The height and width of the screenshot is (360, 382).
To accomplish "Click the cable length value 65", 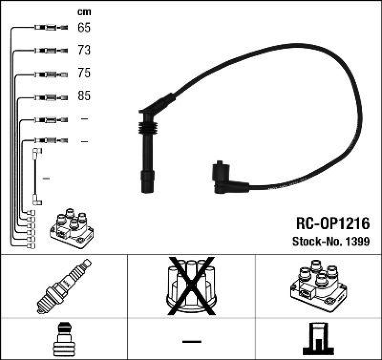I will pos(84,28).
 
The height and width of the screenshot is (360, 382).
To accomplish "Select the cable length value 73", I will pos(84,51).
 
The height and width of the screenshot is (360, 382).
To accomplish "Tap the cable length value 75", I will pos(84,74).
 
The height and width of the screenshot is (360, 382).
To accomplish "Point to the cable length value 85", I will pos(84,96).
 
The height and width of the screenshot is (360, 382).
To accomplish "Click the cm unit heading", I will pos(84,12).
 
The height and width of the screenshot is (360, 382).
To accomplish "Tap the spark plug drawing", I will pos(64,286).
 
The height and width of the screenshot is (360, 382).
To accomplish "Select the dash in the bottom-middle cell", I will pos(191,342).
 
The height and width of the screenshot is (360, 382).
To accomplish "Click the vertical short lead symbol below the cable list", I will pos(36,177).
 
